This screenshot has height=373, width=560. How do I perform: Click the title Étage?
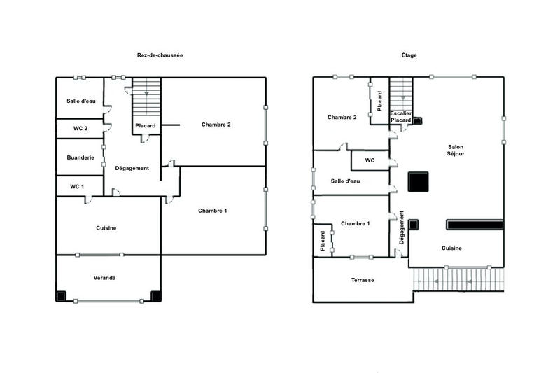click(409, 55)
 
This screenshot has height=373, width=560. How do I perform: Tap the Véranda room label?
click(104, 278)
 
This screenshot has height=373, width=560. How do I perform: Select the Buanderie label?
click(80, 157)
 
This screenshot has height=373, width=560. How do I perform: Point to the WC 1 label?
click(77, 186)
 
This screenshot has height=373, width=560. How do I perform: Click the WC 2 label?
click(80, 128)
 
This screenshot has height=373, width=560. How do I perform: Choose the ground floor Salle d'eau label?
click(81, 101)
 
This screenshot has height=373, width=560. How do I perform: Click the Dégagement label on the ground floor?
click(132, 168)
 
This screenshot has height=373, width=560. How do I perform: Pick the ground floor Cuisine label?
click(106, 228)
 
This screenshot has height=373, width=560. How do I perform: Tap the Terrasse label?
click(363, 280)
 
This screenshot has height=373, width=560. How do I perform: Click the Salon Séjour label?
click(456, 150)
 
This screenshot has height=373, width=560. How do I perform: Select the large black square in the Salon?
click(419, 181)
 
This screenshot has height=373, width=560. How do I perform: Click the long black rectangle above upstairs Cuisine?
click(475, 225)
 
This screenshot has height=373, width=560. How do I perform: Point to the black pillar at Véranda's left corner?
click(62, 296)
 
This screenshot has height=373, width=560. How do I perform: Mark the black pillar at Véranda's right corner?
click(155, 296)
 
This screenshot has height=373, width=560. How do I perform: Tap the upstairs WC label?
click(370, 160)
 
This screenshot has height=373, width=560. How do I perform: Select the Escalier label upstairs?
click(400, 113)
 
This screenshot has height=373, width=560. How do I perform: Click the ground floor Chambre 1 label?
click(212, 211)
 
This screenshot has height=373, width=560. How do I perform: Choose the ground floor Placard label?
click(146, 126)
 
